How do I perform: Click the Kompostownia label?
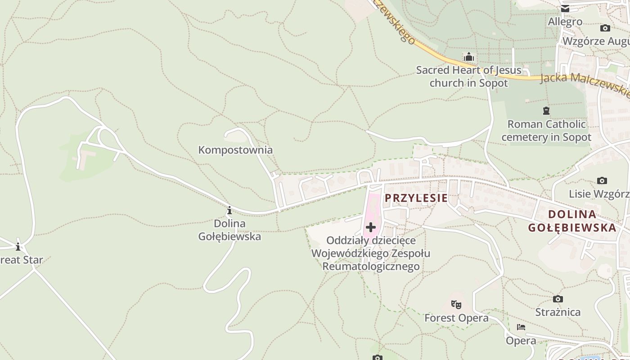235,150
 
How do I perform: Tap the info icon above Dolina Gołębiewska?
229,210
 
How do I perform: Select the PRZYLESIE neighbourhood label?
416,198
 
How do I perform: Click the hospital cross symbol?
371,227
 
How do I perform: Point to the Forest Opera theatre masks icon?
456,305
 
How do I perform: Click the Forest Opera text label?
456,318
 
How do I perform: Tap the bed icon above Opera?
521,327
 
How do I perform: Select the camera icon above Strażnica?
558,299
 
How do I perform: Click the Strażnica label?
558,312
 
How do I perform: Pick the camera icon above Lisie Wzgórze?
602,181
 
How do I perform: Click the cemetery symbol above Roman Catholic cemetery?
546,111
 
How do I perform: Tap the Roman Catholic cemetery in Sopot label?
546,130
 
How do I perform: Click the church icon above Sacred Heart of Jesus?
469,57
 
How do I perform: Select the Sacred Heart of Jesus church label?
468,76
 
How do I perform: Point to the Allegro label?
565,22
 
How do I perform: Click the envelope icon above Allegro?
565,9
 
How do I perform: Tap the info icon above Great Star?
18,247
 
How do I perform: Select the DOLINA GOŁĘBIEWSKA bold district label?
572,220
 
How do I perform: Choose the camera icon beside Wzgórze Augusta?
605,28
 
